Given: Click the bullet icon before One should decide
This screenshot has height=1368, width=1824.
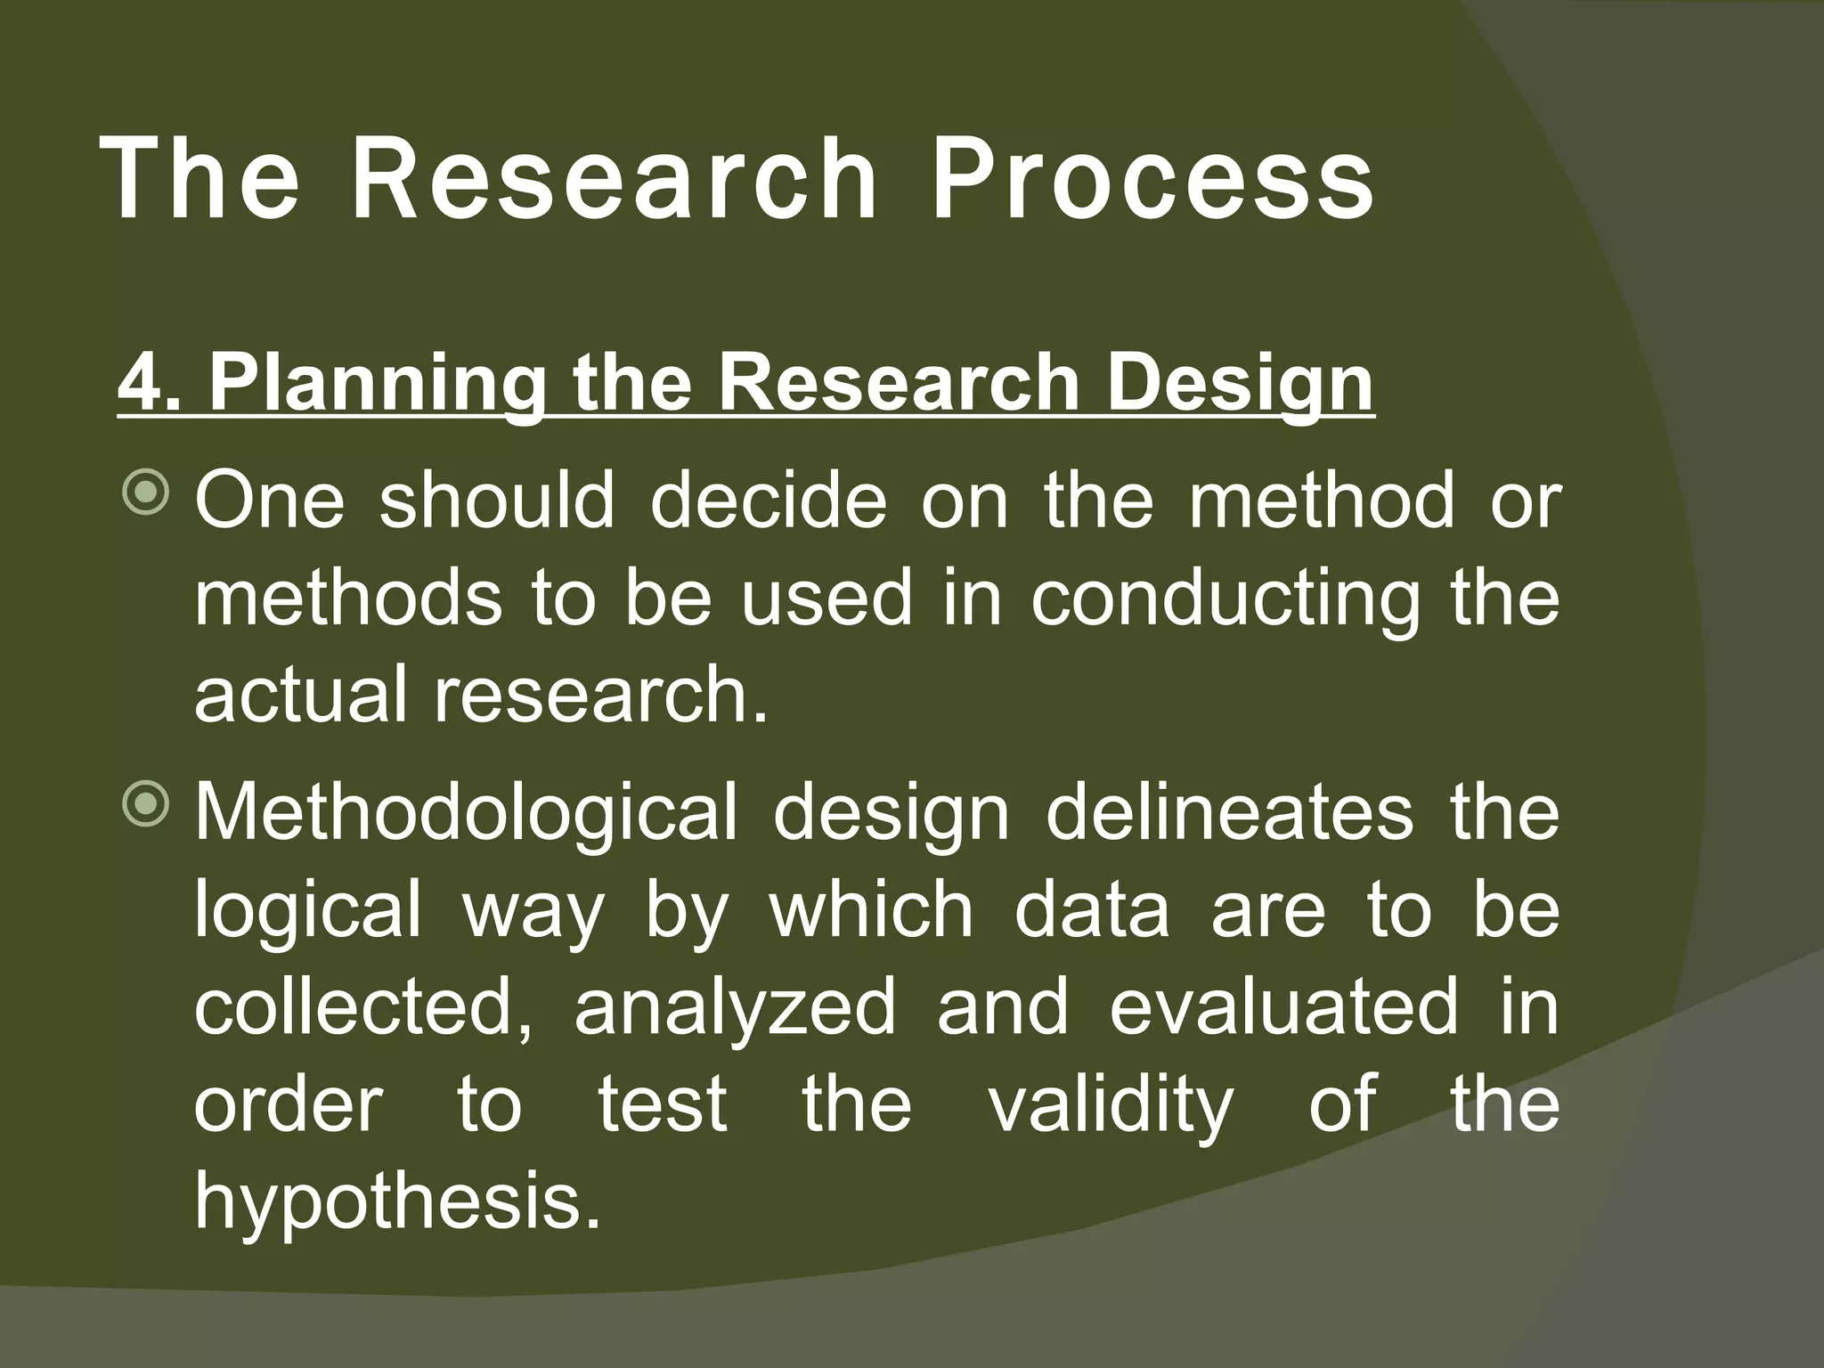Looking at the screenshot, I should [144, 495].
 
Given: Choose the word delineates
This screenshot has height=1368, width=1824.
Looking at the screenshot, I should [1229, 812].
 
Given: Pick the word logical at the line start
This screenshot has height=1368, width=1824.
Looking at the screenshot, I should [307, 912].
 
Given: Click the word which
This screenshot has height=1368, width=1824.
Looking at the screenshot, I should [871, 910].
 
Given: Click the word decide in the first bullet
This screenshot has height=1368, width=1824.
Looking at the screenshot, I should [769, 501].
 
